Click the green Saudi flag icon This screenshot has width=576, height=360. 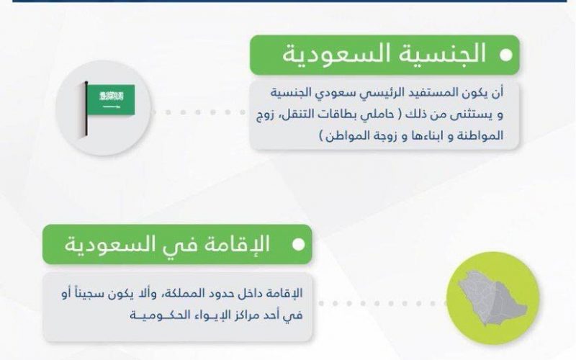110,99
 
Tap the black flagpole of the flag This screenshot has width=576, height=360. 86,109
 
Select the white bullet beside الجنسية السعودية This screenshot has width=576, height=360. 506,55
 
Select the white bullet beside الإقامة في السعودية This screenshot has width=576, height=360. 298,245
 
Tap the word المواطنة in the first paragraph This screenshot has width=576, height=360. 481,135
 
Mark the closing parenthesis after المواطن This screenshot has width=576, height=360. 322,136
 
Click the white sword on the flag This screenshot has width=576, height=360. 111,107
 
